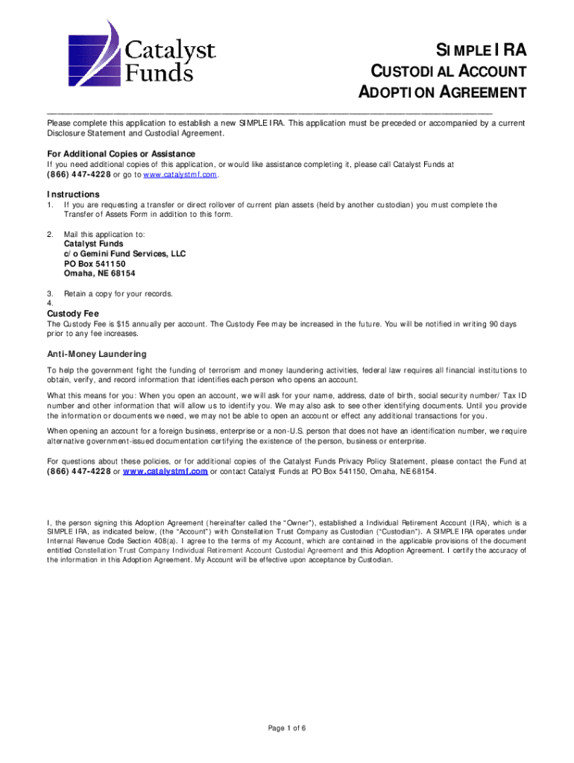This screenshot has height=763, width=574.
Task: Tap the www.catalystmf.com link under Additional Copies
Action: (180, 174)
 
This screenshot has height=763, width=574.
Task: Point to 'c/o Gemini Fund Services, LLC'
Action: (124, 253)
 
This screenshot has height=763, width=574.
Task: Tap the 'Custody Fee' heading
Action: (73, 314)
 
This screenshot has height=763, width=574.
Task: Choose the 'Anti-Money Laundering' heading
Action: (97, 354)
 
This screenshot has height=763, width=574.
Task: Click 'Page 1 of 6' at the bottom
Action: (287, 728)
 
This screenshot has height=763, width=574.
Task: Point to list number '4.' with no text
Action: (50, 303)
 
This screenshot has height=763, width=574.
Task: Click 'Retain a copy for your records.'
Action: (119, 294)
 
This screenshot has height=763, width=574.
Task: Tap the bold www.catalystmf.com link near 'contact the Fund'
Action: (165, 472)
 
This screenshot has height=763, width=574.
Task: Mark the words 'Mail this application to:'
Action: (104, 234)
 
